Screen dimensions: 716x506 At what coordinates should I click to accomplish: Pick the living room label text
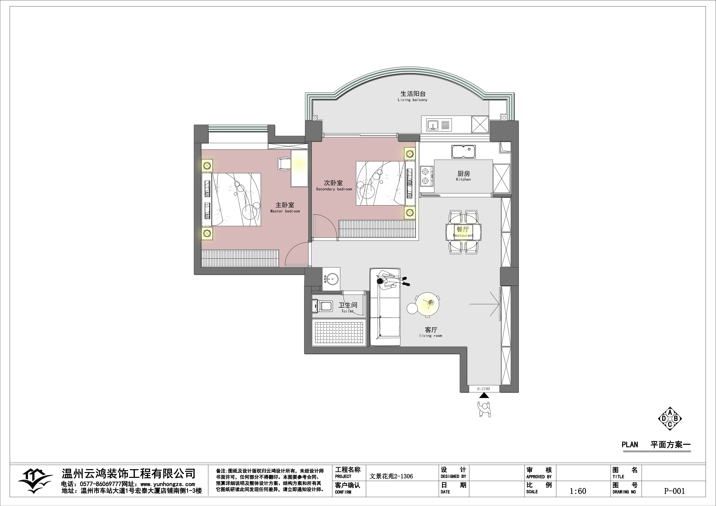[x=431, y=332]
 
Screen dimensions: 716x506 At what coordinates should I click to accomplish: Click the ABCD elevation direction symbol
[x=670, y=419]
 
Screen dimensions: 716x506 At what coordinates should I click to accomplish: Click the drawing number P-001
[x=675, y=491]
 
